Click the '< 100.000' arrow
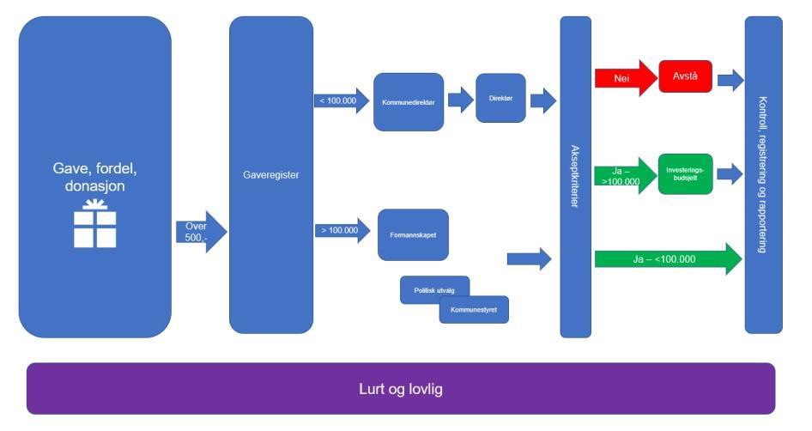click(339, 101)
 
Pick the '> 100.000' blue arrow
click(339, 231)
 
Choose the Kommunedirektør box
click(409, 102)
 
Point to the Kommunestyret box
click(474, 310)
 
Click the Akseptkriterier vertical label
click(575, 176)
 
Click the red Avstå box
click(685, 76)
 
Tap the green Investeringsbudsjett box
click(685, 173)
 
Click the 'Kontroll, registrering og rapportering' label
click(763, 174)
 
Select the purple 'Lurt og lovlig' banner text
click(401, 389)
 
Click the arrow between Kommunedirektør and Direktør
click(460, 100)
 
